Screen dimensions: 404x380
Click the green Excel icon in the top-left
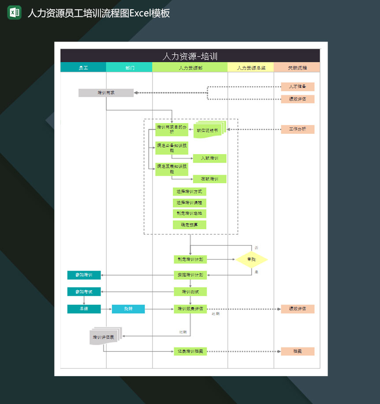14,12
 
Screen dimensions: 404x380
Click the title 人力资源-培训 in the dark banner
190,56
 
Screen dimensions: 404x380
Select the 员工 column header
83,68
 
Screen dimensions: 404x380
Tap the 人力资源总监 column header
251,68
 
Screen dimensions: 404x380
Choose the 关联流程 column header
297,68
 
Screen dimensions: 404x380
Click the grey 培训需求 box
106,93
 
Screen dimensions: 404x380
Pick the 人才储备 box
298,87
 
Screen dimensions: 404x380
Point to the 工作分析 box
298,129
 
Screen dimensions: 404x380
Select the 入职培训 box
209,158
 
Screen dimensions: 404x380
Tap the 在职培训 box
209,179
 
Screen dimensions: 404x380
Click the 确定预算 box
190,225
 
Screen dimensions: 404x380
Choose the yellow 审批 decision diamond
251,260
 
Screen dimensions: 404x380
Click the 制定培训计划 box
190,260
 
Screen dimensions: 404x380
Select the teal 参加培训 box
84,275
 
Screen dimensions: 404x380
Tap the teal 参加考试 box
84,291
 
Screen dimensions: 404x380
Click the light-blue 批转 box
128,309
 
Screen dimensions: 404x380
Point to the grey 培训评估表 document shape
104,337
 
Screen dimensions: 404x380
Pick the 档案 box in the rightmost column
298,351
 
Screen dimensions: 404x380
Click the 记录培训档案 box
190,351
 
